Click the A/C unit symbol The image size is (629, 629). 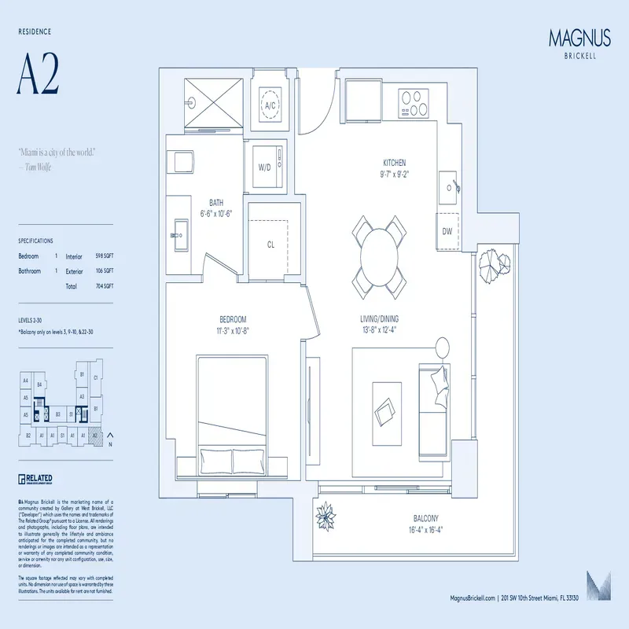[270, 105]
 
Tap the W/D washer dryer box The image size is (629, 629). [264, 167]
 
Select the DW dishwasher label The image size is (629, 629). [447, 231]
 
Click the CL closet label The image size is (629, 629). [270, 245]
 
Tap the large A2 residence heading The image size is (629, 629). [39, 75]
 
